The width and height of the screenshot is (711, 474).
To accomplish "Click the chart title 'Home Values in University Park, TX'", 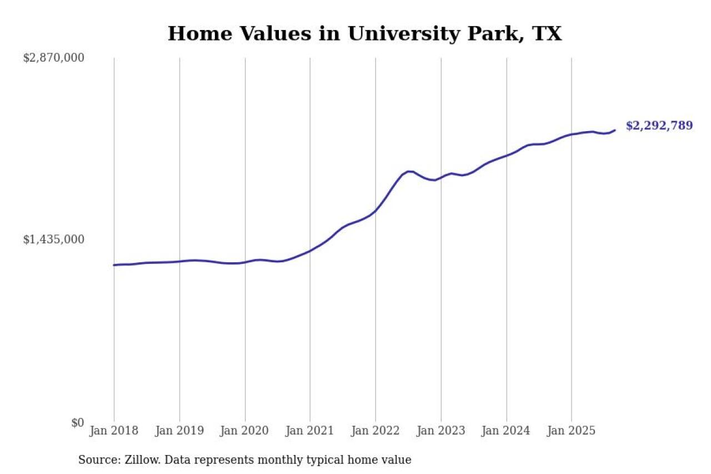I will (364, 34).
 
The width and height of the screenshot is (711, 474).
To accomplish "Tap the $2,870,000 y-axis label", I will (53, 58).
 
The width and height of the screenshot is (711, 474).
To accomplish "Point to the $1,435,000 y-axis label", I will (53, 240).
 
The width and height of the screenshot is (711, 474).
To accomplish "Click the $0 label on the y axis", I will (77, 422).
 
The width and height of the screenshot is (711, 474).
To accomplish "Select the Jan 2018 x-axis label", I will (114, 431).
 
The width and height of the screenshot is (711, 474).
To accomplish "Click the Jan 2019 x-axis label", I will (179, 431).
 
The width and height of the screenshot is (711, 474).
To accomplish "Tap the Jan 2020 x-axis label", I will (245, 431).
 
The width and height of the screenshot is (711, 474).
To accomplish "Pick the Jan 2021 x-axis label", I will (310, 431).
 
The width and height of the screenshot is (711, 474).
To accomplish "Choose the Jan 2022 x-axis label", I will (375, 431).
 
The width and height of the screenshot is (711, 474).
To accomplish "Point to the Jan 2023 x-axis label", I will (441, 431).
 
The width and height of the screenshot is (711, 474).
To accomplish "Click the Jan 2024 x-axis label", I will (506, 431).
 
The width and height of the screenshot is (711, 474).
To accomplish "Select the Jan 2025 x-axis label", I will (572, 431).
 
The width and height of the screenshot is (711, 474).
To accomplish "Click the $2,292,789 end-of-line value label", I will (659, 126).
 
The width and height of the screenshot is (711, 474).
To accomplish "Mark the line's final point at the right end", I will (615, 130).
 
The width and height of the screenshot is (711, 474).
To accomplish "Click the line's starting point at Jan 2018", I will (114, 265).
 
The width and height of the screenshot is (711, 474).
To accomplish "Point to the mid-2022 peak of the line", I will (409, 171).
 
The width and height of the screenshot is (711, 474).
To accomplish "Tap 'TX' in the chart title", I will (547, 34).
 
